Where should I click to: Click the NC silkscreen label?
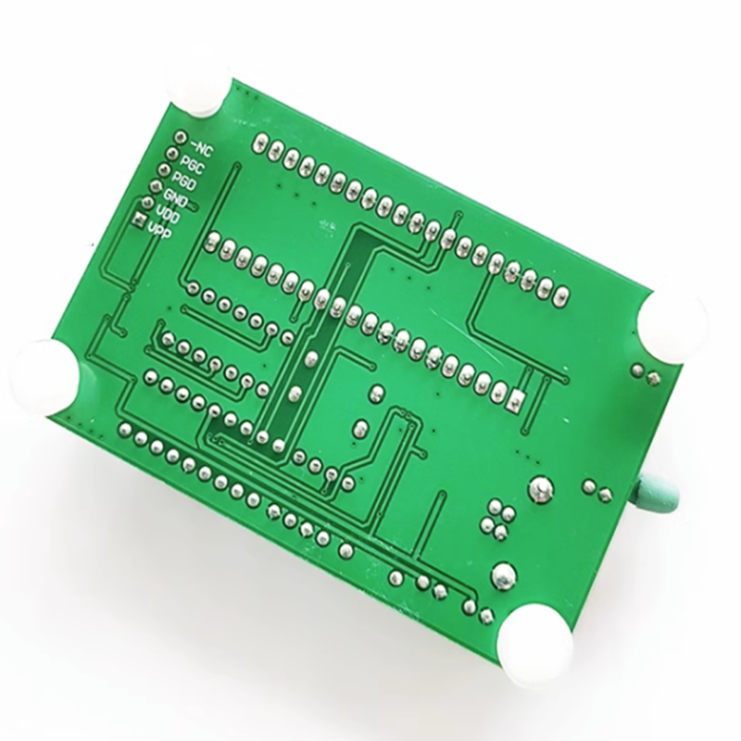pos(202,148)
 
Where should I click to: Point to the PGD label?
pos(183,182)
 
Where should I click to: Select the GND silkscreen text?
pos(175,198)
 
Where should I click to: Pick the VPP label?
pos(159,231)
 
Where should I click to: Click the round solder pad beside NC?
pos(180,137)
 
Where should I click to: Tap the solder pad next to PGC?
pos(172,154)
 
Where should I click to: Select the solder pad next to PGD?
pos(164,170)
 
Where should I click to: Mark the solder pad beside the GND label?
pos(156,186)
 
